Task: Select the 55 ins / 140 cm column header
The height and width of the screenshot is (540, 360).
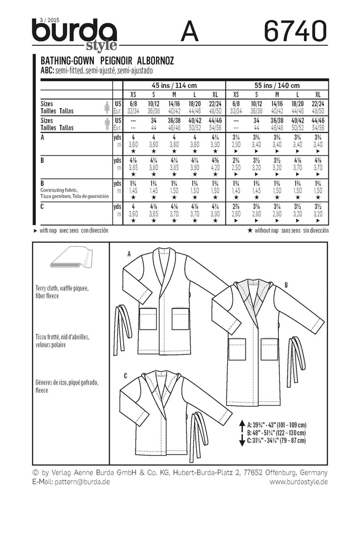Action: pos(276,85)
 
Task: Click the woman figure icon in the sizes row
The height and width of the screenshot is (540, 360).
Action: pos(108,107)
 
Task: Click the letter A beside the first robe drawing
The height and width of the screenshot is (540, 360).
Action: pos(129,254)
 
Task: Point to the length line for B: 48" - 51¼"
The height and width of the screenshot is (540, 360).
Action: pos(274,431)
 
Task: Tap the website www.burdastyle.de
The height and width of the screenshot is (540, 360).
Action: pos(299,481)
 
